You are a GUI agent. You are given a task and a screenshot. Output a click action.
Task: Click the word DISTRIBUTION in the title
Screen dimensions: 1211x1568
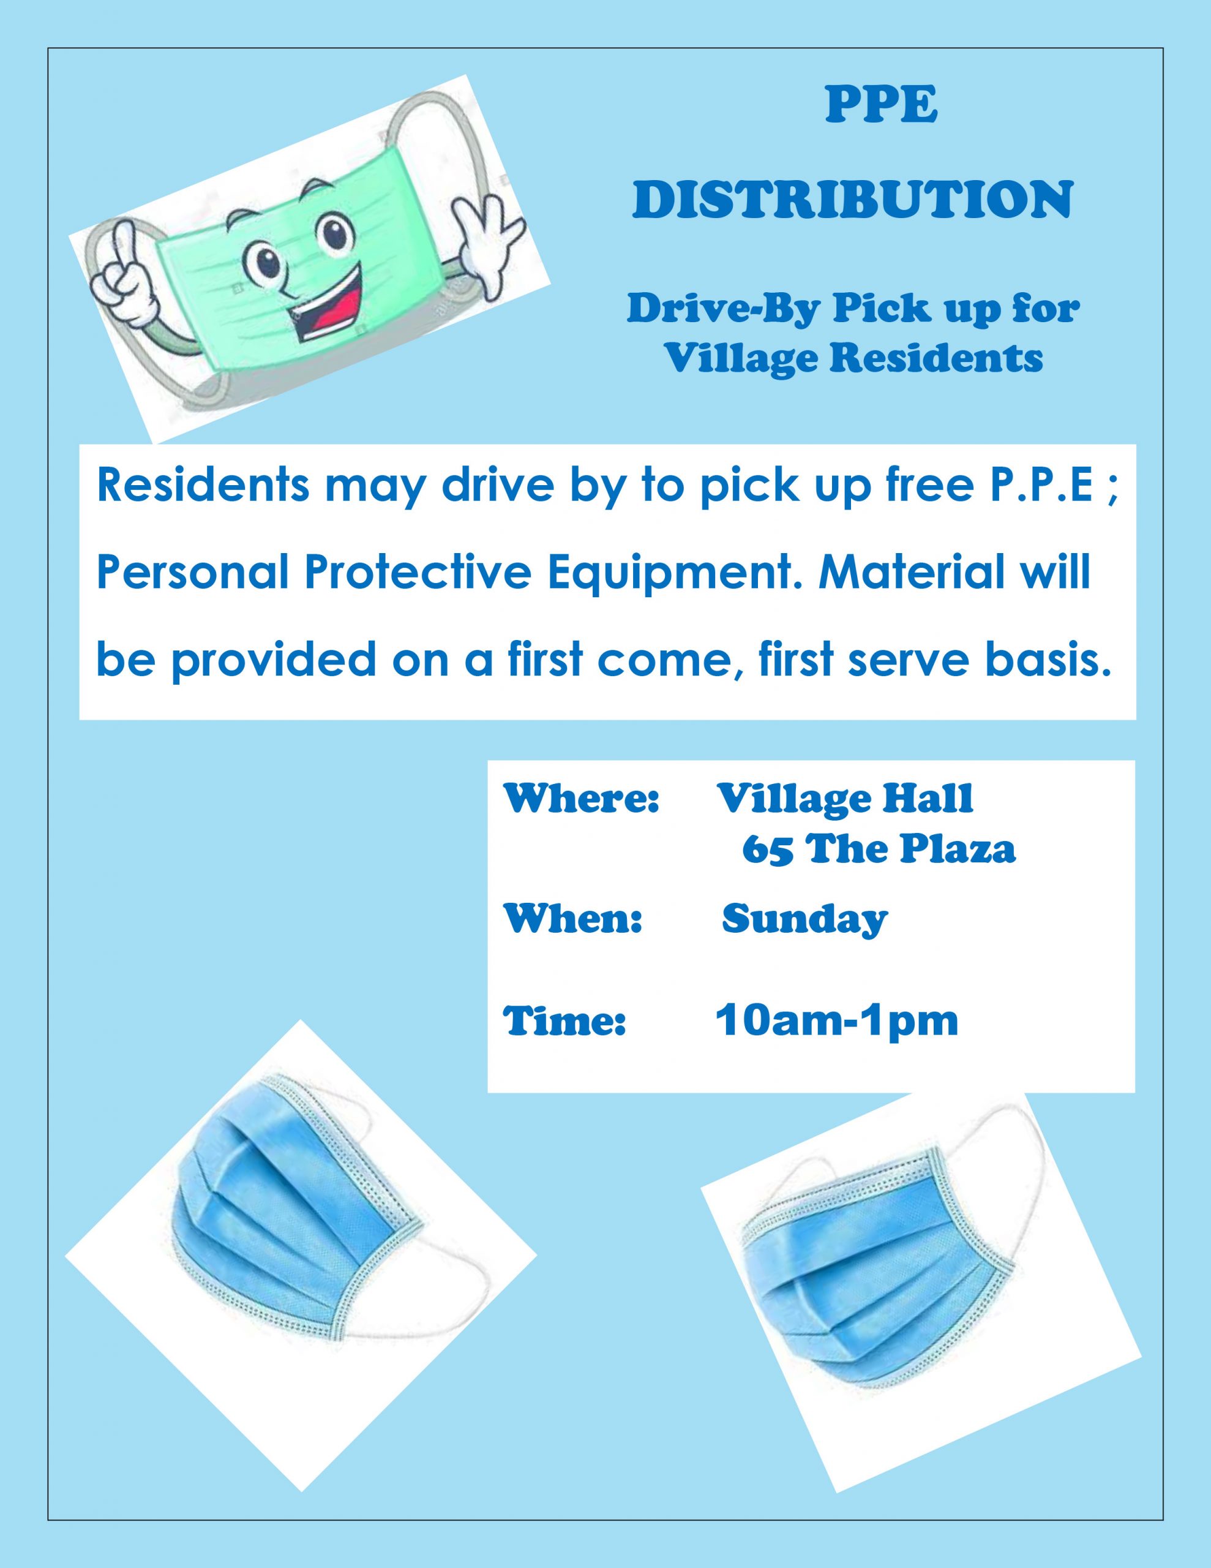click(x=853, y=200)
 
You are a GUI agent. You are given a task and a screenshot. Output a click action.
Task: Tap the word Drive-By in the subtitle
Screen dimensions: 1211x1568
click(x=721, y=309)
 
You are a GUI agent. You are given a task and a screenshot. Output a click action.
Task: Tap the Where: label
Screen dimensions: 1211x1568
click(x=582, y=798)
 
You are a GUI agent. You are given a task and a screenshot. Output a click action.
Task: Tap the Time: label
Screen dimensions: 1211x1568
click(x=565, y=1022)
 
